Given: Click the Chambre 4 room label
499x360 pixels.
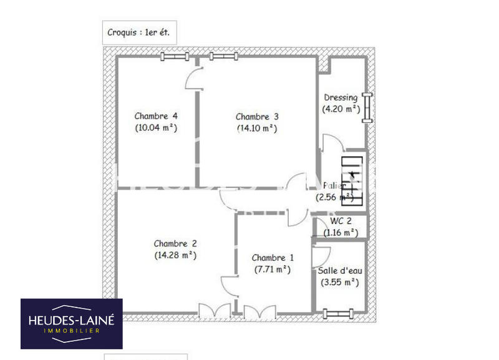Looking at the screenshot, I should [157, 116].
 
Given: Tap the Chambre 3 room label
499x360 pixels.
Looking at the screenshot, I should [257, 117].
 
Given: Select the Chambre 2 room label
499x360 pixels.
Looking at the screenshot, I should [175, 243].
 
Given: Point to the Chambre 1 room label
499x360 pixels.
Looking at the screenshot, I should [273, 258].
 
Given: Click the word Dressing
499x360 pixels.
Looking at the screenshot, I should [341, 97].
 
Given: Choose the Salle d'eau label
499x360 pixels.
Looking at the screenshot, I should [340, 271].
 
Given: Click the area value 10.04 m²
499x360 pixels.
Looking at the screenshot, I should [156, 129].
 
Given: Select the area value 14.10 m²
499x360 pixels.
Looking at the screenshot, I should [257, 129].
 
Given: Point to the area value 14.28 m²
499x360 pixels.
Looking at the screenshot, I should [175, 255].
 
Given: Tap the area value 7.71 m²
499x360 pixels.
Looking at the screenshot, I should [273, 270].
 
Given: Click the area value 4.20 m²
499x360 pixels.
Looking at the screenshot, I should [341, 109].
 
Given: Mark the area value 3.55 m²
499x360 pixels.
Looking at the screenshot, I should [340, 282].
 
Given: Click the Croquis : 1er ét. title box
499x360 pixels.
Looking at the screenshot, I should [138, 32].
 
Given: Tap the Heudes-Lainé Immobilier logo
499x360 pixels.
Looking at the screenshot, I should [72, 323].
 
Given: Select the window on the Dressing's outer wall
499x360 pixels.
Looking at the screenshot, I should [367, 107].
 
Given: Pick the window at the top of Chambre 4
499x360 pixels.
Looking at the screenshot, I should [175, 57].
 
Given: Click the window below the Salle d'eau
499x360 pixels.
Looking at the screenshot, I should [337, 312].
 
